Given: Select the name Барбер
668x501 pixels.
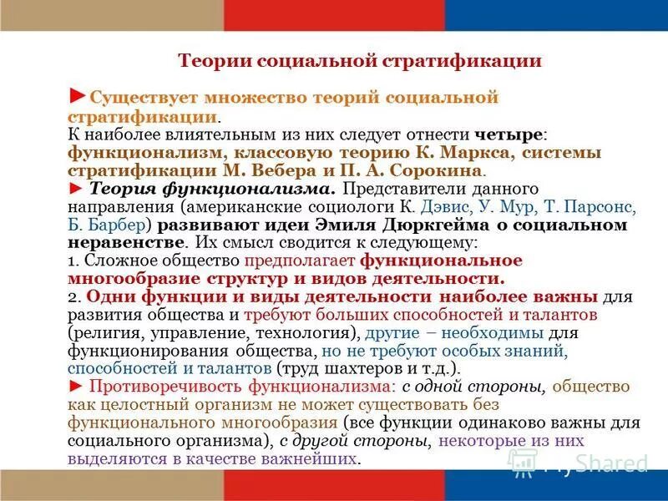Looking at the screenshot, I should pyautogui.click(x=116, y=225).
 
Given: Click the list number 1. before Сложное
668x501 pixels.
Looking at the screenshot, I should pyautogui.click(x=73, y=261).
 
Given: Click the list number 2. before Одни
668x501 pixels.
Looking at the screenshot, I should pyautogui.click(x=73, y=296).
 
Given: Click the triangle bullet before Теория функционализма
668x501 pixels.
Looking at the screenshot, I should pyautogui.click(x=76, y=188).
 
